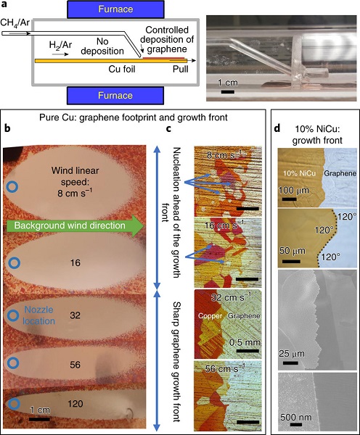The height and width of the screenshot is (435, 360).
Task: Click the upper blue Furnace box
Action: click(x=115, y=9)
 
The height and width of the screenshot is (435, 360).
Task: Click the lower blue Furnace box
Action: click(x=115, y=96)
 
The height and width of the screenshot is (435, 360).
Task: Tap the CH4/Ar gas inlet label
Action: click(x=15, y=22)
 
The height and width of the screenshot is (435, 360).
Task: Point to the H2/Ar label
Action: click(x=60, y=45)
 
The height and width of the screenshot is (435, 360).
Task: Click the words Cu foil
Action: click(x=122, y=69)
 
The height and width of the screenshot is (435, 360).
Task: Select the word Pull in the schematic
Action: click(x=181, y=69)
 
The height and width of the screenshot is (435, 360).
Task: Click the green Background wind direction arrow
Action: click(x=75, y=225)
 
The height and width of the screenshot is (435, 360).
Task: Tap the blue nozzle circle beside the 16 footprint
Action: click(x=13, y=262)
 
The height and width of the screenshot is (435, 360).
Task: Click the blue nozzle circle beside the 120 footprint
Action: click(x=13, y=404)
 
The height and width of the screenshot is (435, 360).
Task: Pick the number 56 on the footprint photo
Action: click(x=75, y=365)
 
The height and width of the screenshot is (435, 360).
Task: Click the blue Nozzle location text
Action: click(x=39, y=315)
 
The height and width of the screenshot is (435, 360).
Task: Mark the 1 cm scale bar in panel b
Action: click(x=39, y=419)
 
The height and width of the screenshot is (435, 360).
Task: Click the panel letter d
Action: click(x=277, y=128)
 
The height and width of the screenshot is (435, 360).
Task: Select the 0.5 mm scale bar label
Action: click(x=245, y=343)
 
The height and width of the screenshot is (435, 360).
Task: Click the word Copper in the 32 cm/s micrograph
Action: click(x=210, y=316)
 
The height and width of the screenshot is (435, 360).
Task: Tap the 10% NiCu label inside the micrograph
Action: click(x=300, y=173)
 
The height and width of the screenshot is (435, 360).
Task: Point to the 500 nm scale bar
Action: click(x=296, y=424)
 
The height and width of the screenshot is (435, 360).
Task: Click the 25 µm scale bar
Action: click(x=290, y=363)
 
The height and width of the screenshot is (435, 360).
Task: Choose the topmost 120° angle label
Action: click(x=347, y=217)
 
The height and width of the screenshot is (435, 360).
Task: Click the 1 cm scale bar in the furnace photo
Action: click(x=228, y=92)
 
